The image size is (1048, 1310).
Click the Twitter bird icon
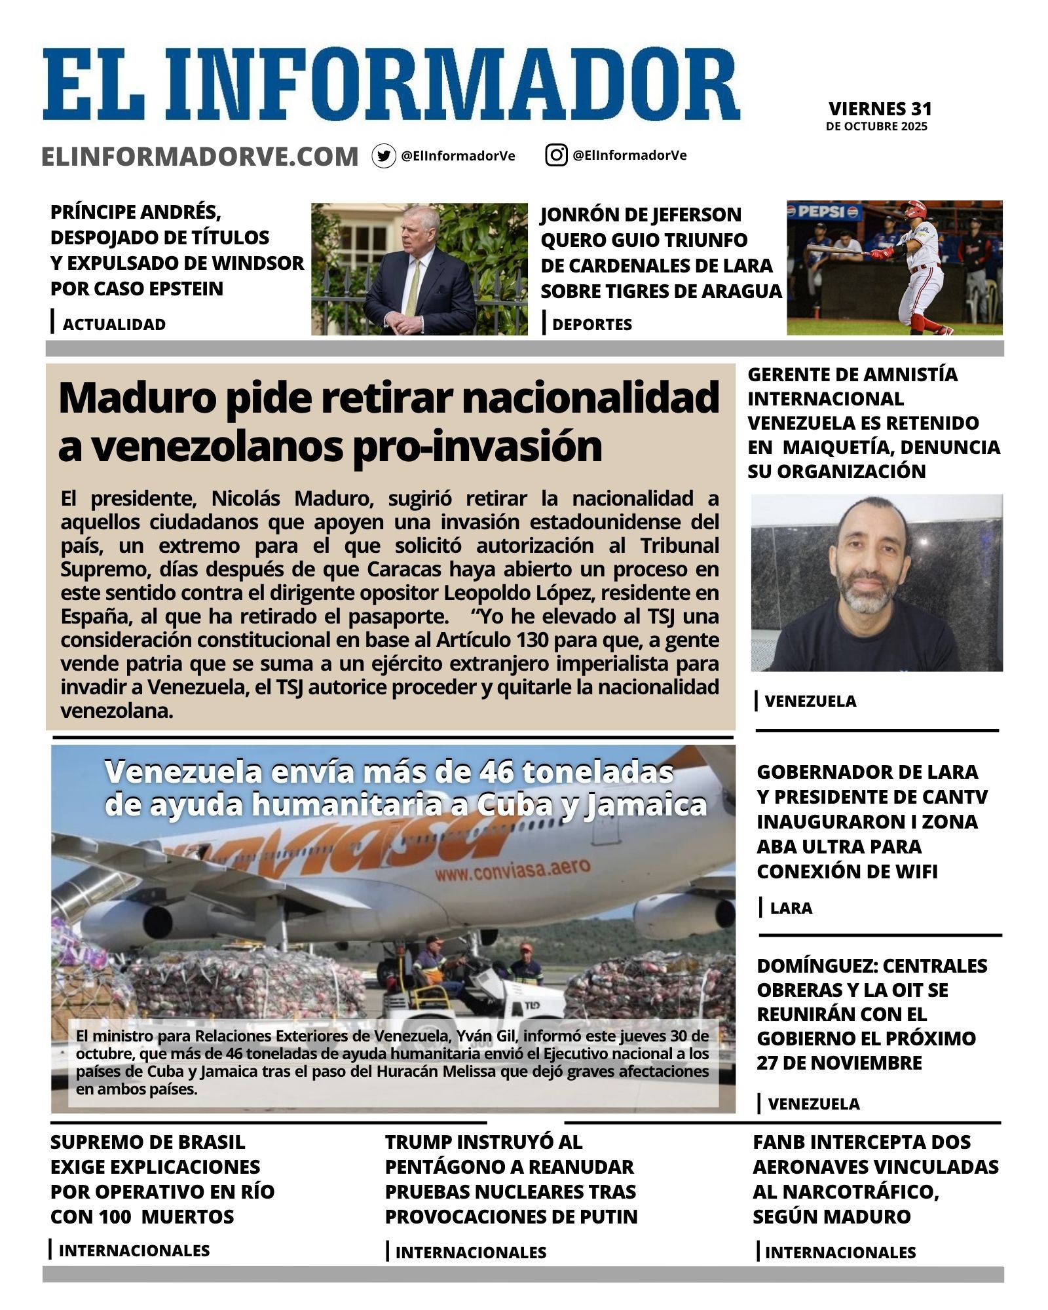[x=384, y=156]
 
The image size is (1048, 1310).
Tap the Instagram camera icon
[x=556, y=155]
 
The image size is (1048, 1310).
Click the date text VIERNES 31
[x=880, y=109]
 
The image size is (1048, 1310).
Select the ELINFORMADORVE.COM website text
[x=200, y=157]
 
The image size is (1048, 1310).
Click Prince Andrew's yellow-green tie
[x=413, y=288]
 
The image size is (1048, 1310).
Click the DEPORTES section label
[x=592, y=324]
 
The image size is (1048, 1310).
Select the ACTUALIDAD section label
[x=114, y=324]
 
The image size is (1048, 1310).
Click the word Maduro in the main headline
[x=137, y=398]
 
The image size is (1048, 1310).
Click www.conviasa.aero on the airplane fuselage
[x=512, y=870]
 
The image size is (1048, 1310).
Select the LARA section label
[x=791, y=908]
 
